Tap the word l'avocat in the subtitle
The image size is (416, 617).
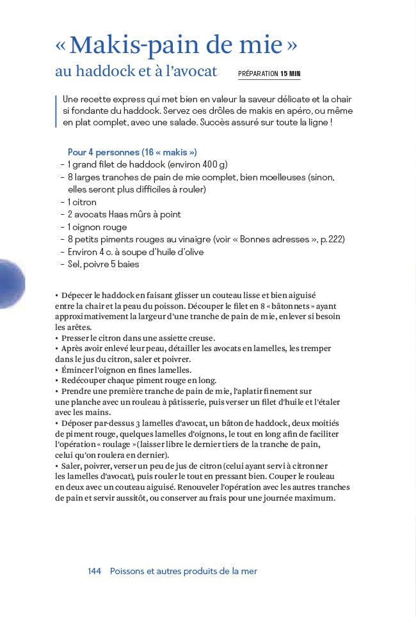pos(190,72)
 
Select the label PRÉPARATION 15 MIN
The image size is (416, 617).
pos(269,74)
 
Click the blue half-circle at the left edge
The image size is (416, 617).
pos(11,285)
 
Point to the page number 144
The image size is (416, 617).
pos(95,571)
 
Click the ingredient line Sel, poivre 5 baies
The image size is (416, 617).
pos(103,264)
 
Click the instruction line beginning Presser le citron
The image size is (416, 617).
pos(138,338)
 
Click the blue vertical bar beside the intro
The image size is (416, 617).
pos(56,111)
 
